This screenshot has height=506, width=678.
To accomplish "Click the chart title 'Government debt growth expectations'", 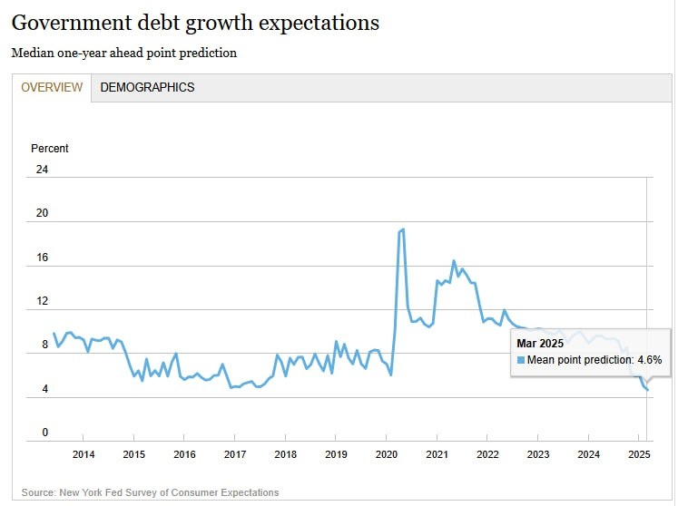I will click(195, 23).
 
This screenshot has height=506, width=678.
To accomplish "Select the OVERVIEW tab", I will click(52, 88).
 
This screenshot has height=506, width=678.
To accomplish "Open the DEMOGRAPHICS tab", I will click(147, 88).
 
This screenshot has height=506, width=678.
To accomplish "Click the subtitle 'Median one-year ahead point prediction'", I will click(124, 54).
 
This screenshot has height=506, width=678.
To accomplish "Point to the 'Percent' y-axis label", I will click(50, 149).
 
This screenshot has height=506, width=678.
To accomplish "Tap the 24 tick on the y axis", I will click(42, 170).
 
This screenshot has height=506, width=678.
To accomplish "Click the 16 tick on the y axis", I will click(42, 258).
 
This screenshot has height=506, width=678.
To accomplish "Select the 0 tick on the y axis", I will click(44, 433).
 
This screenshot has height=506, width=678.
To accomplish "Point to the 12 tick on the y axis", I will click(42, 301).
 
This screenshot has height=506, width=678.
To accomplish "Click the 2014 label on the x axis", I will click(83, 454).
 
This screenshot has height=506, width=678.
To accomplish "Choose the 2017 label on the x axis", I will click(234, 454).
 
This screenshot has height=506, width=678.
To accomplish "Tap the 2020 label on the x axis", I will click(386, 454).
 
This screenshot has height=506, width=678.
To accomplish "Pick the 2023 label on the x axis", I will click(537, 454).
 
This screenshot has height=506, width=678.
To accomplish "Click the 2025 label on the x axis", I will click(638, 454).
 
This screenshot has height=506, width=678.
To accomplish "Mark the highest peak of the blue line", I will click(402, 229).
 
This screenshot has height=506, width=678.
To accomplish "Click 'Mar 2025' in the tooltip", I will click(540, 343).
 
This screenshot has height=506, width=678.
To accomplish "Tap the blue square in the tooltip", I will click(521, 360).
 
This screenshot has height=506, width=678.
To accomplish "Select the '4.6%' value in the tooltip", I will click(649, 360).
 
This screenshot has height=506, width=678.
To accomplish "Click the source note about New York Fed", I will click(150, 492).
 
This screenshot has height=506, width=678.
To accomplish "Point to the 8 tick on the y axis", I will click(44, 345).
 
